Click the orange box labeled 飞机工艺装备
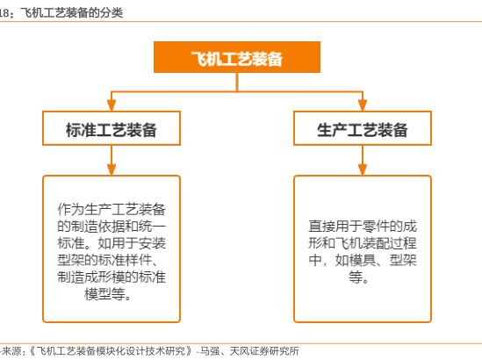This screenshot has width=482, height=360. tap(237, 57)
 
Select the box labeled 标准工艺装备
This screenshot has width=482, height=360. tap(112, 128)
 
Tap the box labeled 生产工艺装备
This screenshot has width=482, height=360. tap(363, 128)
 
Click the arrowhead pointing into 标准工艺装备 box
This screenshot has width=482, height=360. tap(112, 105)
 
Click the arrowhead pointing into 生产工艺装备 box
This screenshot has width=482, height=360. tap(363, 105)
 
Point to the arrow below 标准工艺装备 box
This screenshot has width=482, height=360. tap(112, 160)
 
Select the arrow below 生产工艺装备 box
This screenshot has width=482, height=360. tap(363, 160)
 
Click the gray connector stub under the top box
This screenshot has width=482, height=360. tap(237, 82)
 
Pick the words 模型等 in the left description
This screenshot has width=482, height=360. tap(104, 294)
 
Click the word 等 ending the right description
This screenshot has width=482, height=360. tap(356, 277)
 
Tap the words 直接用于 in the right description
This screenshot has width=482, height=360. tap(335, 227)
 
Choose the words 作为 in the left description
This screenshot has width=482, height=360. tap(70, 209)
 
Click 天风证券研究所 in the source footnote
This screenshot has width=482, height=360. tap(264, 351)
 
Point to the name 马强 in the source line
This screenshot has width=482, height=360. tap(210, 351)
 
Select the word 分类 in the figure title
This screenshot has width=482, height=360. tap(112, 13)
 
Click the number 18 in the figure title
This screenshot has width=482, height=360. tap(4, 13)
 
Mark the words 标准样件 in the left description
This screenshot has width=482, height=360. tap(125, 261)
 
